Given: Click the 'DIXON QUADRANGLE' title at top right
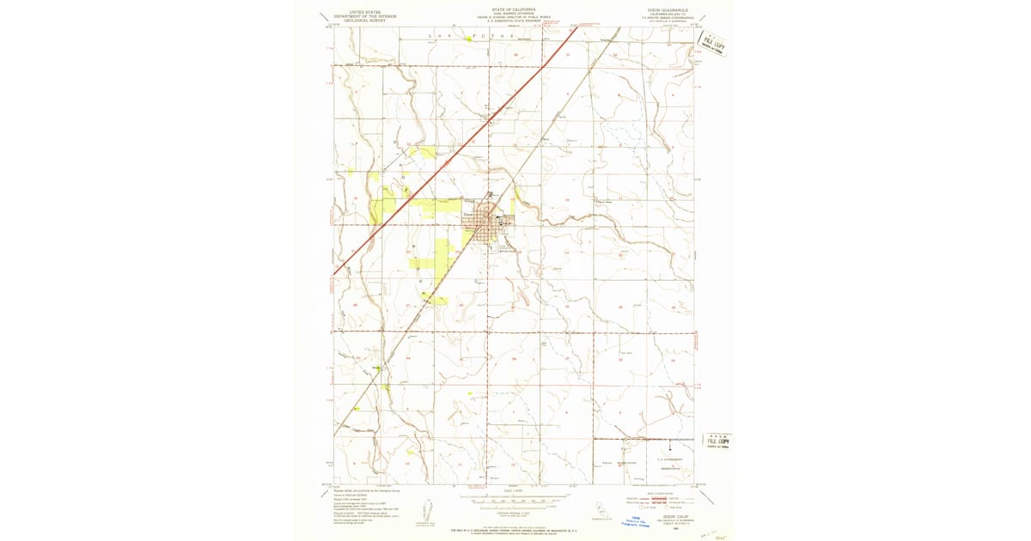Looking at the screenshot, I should pos(664,10).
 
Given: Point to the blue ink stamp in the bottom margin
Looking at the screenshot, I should pos(636,521).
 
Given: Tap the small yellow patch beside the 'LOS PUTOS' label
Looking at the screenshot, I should pos(468,40).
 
